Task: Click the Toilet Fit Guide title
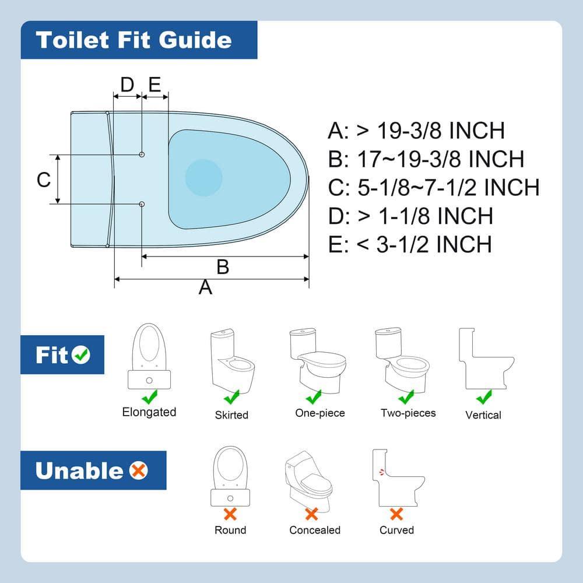click(x=134, y=40)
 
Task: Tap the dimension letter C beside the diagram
click(x=44, y=180)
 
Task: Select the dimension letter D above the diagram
click(x=127, y=85)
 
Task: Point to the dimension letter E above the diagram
click(x=154, y=85)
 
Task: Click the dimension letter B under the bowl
click(x=223, y=267)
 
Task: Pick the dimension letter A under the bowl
click(x=205, y=287)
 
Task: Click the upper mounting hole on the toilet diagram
click(x=142, y=154)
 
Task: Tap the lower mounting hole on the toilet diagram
click(x=142, y=203)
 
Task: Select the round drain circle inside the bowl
click(x=203, y=176)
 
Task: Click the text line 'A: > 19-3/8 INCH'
click(x=416, y=131)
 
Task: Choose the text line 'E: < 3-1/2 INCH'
click(x=410, y=244)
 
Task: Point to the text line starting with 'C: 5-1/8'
click(x=434, y=188)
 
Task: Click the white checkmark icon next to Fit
click(x=81, y=354)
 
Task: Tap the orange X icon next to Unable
click(x=139, y=470)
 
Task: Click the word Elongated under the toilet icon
click(x=149, y=412)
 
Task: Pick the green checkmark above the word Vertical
click(x=483, y=398)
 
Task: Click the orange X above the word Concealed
click(x=312, y=514)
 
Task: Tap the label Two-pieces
click(x=408, y=413)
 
